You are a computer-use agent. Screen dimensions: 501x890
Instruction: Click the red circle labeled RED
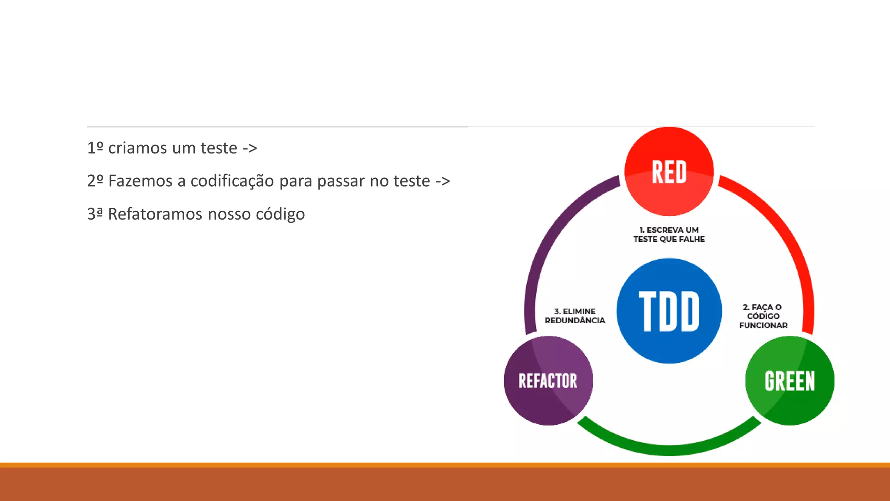[669, 171]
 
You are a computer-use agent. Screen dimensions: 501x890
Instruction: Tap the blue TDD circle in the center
[669, 311]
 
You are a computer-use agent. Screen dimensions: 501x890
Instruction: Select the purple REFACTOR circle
[548, 381]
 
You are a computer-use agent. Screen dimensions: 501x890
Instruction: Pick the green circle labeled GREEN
[790, 381]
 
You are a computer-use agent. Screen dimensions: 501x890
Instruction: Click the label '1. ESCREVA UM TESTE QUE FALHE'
[669, 234]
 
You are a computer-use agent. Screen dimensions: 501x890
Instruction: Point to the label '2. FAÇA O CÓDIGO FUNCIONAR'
[763, 316]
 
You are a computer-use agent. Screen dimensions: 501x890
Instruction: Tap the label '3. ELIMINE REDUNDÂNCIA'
[575, 316]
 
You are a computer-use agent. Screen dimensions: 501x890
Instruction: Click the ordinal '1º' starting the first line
[95, 148]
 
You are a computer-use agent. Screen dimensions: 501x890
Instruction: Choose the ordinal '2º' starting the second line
[95, 181]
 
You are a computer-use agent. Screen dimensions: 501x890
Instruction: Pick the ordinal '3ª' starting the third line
[95, 214]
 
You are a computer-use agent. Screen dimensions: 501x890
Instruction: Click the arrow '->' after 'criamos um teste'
[250, 149]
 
